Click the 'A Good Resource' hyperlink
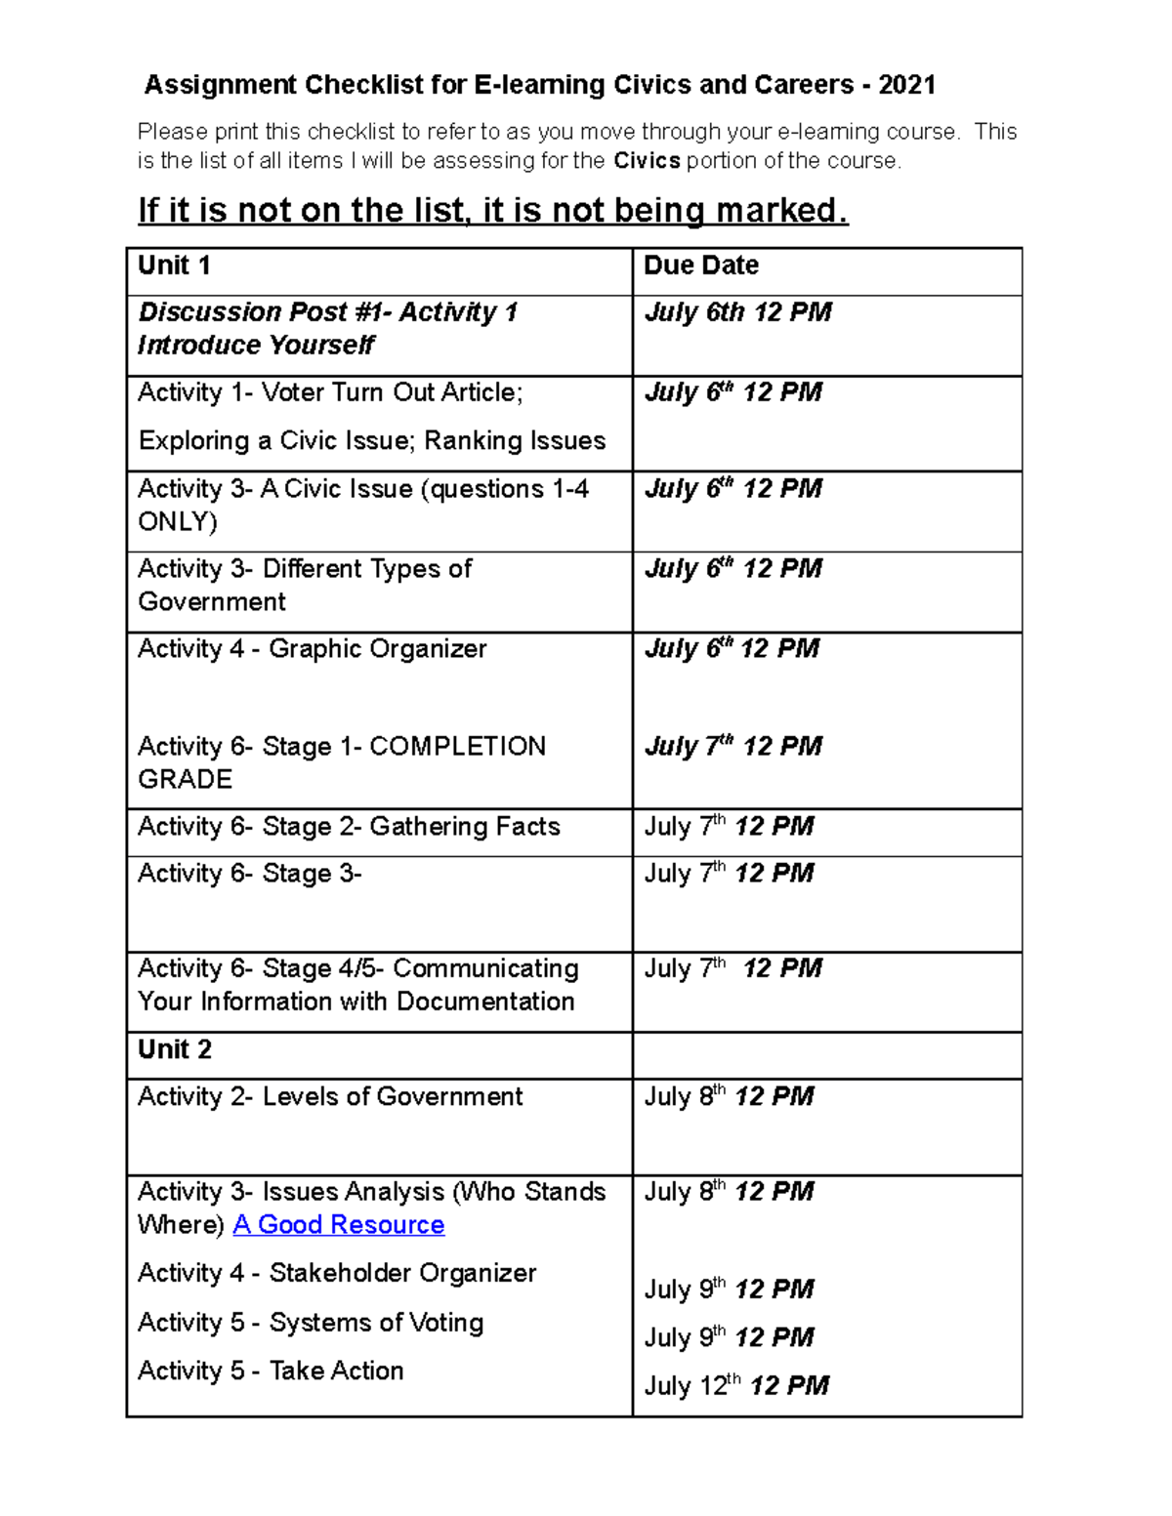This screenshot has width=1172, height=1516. coord(338,1224)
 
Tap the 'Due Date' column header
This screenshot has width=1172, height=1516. coord(700,266)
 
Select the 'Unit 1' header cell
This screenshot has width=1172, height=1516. coord(174,266)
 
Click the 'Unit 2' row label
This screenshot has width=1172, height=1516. coord(174,1049)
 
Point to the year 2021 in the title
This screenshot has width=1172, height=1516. coord(906,86)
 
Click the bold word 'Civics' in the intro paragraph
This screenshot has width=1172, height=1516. coord(647,161)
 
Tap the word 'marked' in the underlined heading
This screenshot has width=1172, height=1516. coord(776,211)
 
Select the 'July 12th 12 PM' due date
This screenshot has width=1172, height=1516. coord(735,1385)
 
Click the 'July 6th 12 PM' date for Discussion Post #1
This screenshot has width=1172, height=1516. coord(737,312)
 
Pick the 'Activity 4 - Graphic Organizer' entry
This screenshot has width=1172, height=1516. coord(312,649)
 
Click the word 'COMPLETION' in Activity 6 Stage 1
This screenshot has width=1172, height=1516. coord(457,747)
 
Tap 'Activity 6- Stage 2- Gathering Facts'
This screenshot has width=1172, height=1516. coord(349,827)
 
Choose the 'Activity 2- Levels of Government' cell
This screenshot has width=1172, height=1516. coord(330,1097)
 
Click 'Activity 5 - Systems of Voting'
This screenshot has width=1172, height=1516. coord(311,1323)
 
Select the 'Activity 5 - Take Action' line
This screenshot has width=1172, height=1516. coord(271,1371)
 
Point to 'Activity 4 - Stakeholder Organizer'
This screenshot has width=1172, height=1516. coord(337,1273)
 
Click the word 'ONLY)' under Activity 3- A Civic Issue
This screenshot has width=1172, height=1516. coord(177,521)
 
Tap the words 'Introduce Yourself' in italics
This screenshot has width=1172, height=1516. coord(256,346)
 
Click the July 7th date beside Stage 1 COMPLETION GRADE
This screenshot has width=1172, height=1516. coord(732,747)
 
